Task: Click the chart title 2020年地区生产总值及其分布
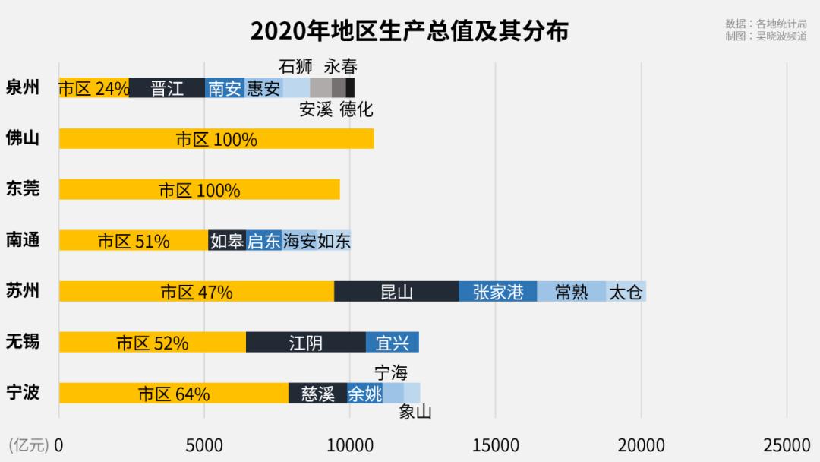point(409,31)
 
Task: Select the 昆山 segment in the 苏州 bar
point(396,292)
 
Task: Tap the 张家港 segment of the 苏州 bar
point(498,292)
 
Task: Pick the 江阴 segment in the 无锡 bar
point(306,343)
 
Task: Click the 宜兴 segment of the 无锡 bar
point(393,343)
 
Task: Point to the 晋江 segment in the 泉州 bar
point(167,88)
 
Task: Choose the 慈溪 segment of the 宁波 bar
point(318,394)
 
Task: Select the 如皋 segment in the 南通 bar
point(227,241)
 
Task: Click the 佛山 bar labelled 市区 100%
point(216,139)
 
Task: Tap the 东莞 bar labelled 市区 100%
point(199,190)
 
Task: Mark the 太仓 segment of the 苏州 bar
point(626,292)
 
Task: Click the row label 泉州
point(23,87)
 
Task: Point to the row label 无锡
point(23,342)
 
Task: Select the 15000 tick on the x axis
point(495,445)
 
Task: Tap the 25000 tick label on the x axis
point(787,445)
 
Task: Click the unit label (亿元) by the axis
point(28,445)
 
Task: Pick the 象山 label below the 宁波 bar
point(415,413)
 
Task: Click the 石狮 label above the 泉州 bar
point(295,66)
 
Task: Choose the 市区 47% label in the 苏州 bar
point(197,292)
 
